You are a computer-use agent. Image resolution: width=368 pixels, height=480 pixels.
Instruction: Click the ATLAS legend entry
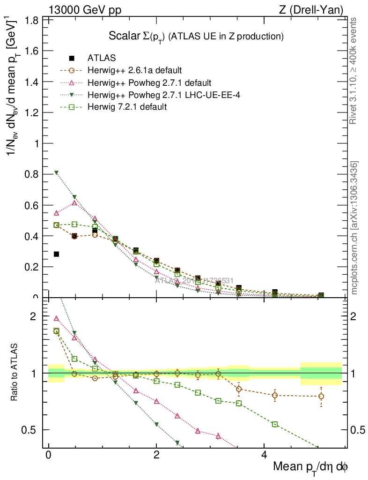102,58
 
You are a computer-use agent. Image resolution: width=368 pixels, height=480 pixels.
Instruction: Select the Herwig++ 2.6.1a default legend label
134,70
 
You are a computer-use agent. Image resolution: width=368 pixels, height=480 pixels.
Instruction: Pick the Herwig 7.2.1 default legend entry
127,107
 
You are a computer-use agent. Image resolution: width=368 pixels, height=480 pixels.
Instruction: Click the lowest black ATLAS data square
57,254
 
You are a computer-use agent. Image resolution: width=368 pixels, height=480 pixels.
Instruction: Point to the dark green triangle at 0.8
57,172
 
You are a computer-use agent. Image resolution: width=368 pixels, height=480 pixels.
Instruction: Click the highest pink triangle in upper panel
74,203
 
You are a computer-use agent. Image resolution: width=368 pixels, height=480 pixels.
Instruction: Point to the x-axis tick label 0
48,456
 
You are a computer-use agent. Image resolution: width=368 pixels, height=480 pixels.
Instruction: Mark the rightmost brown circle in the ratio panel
321,396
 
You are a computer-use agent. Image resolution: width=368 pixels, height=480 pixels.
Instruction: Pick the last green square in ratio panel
275,424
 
